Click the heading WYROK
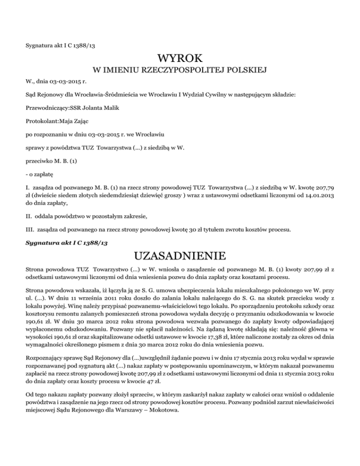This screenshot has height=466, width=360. coord(180,59)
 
